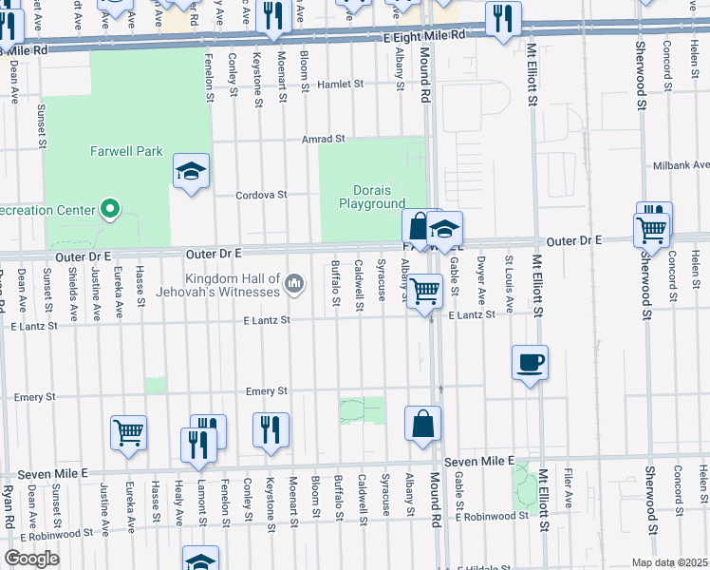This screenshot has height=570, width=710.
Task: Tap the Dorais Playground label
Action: point(372,197)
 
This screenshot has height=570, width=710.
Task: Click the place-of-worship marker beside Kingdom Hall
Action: point(295,283)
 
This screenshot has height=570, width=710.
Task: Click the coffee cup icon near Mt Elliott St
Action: point(530,361)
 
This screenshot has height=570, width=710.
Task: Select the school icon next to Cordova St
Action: point(191,171)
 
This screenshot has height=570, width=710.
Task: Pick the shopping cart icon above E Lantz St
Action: point(424,290)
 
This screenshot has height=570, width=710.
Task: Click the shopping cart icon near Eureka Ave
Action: point(128,431)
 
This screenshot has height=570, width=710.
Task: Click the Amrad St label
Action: point(323,139)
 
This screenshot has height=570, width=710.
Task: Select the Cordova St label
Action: point(262,195)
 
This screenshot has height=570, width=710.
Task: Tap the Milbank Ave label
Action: point(681,165)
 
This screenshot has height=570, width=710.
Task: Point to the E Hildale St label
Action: point(483,566)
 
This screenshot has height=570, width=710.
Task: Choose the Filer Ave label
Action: point(568,497)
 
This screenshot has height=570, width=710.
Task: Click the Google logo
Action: point(31,558)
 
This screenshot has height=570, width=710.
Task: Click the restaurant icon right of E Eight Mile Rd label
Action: point(502,18)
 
